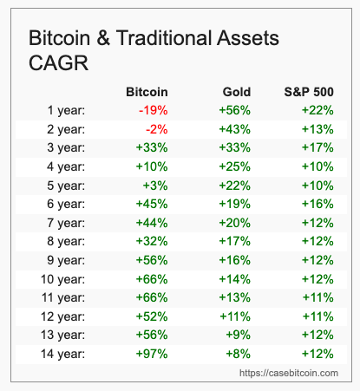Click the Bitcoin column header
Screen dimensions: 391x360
click(147, 91)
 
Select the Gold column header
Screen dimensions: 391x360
click(237, 91)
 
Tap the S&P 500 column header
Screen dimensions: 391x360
click(310, 91)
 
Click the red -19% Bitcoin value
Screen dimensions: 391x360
click(153, 110)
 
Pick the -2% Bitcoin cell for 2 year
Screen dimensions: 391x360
click(156, 129)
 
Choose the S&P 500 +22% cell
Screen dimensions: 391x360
click(317, 110)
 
